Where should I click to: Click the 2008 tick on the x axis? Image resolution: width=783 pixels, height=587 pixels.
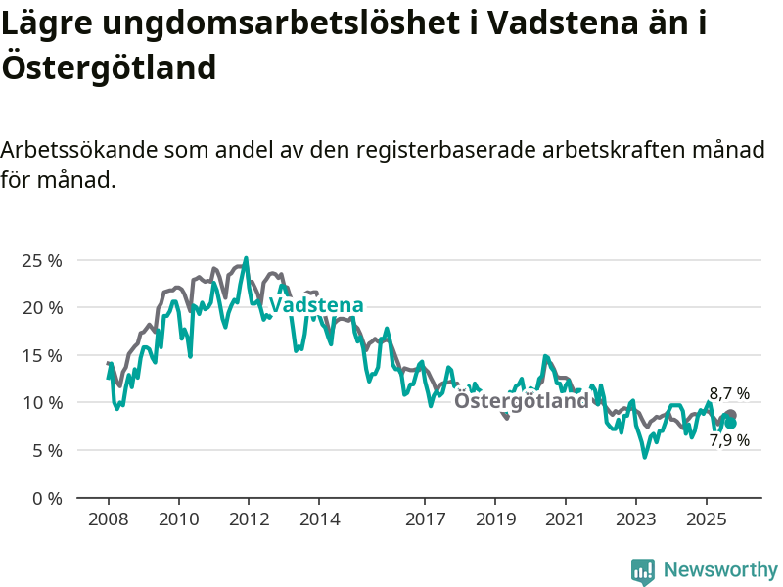[x=108, y=518]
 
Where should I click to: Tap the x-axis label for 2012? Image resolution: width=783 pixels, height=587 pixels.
[x=249, y=518]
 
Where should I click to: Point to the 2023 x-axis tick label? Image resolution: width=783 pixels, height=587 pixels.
[x=636, y=518]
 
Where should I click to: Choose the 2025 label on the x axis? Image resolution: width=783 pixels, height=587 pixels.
[x=707, y=518]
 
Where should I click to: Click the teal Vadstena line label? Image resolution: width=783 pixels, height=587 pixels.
[x=316, y=305]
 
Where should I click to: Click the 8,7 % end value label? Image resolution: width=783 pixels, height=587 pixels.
[x=729, y=394]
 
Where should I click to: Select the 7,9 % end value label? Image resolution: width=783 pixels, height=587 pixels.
[x=729, y=440]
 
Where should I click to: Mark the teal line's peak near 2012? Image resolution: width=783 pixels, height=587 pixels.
[x=246, y=258]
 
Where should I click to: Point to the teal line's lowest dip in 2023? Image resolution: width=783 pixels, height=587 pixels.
[x=645, y=456]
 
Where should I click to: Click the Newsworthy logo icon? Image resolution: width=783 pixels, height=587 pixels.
[x=643, y=570]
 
